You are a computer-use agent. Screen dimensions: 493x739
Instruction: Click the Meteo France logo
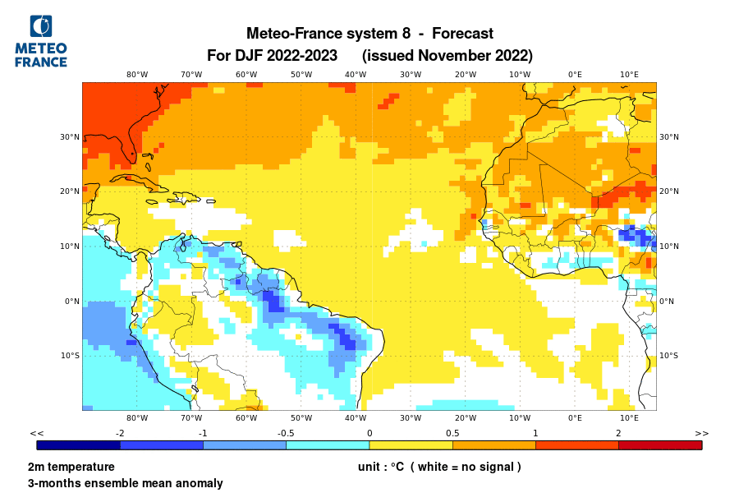41,41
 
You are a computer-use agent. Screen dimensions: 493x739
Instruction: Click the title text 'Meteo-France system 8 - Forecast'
369,34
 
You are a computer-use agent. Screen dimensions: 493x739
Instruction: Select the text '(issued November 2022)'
448,56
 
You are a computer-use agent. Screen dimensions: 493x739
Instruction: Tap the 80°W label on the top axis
137,75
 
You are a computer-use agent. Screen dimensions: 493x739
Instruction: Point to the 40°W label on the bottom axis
356,417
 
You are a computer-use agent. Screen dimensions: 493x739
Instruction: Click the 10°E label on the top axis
629,75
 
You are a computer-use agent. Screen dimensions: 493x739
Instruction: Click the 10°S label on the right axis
669,356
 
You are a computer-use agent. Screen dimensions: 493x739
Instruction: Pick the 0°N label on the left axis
71,302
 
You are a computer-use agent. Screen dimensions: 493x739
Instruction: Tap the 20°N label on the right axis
669,191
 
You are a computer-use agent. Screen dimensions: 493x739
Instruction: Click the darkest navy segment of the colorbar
79,445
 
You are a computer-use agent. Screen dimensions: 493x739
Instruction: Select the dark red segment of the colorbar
660,445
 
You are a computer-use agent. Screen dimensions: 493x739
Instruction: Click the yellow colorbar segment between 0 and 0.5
411,445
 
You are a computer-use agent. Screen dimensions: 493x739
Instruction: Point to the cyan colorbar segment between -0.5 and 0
328,445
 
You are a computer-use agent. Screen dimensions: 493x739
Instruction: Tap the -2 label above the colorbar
120,433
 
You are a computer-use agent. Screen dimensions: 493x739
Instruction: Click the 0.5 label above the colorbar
452,433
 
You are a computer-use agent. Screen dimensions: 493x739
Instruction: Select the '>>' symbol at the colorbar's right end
701,433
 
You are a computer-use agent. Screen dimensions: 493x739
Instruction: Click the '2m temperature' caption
71,467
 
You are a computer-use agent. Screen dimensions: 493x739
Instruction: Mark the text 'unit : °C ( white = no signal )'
439,467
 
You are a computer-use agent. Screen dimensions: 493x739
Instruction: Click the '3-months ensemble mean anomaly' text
125,483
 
